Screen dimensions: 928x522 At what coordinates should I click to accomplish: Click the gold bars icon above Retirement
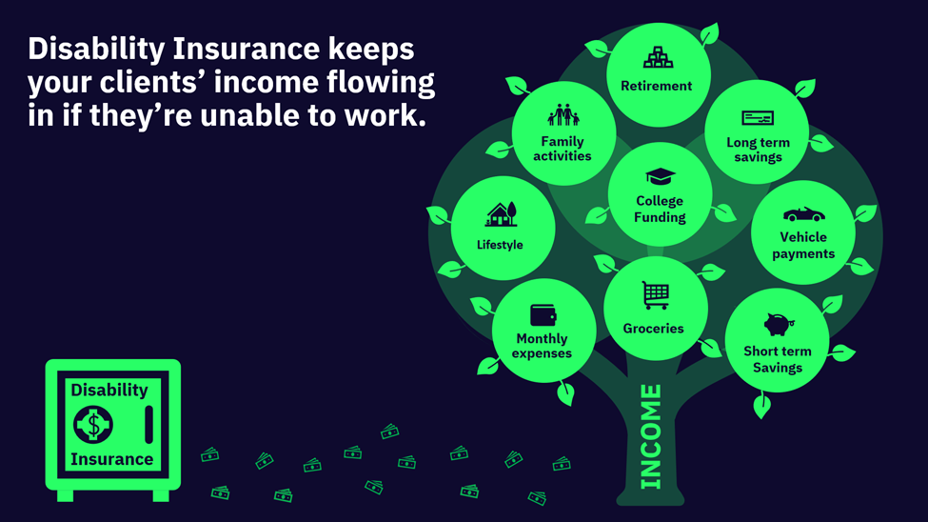coord(658,57)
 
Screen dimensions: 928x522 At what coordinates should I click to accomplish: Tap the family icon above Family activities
coord(563,115)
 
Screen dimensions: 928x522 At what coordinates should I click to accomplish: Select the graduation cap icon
coord(660,176)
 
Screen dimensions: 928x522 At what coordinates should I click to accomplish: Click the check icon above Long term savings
coord(758,118)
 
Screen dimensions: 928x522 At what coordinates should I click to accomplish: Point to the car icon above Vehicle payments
coord(803,214)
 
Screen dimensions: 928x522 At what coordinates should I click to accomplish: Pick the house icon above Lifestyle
coord(502,214)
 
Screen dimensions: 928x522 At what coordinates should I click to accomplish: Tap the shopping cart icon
coord(655,295)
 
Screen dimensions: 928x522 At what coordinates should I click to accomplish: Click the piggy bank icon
coord(779,324)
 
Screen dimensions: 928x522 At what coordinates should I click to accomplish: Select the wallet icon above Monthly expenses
coord(543,315)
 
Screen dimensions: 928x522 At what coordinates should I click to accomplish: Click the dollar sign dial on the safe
coord(93,424)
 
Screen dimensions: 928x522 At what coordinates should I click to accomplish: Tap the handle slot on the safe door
coord(148,424)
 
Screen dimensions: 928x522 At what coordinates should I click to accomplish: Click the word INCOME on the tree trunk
coord(650,436)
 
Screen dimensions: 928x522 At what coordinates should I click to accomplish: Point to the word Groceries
coord(653,329)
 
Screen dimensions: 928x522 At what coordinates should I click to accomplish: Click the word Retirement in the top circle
coord(657,86)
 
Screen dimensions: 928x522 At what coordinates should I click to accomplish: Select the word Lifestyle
coord(500,245)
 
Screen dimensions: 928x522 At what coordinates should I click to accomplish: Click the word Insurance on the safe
coord(112,459)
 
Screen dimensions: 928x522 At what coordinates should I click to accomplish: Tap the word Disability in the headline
coord(96,50)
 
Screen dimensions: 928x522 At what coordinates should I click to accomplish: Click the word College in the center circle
coord(660,201)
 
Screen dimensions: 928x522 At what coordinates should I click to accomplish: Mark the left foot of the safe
coord(65,495)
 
